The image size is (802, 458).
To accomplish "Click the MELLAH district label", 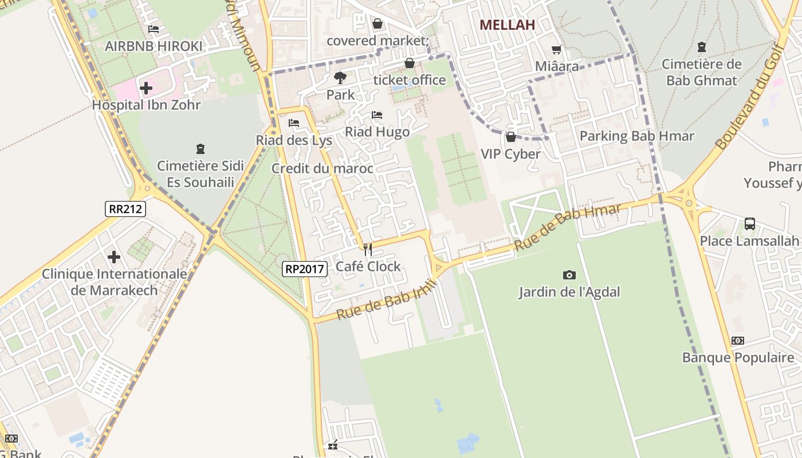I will point(507,25).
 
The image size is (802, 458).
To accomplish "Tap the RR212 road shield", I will point(125,208).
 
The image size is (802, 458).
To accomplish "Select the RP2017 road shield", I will point(304,269).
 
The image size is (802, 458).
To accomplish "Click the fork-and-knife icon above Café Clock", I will point(368,249).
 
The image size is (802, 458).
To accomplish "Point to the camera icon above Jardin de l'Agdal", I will point(569,275).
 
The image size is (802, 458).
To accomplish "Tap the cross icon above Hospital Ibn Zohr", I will point(146,88).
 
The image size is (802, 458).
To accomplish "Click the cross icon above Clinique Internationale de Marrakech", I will point(114,257).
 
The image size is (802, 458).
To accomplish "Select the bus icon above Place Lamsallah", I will point(749,224).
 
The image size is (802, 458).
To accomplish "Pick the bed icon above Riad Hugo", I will point(377,115).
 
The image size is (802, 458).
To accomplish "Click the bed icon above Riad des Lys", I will point(294,123).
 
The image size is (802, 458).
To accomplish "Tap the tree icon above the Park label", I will point(340,77).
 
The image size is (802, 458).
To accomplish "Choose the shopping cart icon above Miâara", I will point(556,50).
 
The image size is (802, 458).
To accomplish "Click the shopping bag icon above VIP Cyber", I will point(510,137).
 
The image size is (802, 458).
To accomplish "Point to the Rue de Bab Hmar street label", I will point(568,227).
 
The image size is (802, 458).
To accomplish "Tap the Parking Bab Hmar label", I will point(636,136).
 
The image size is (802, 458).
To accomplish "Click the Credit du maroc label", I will point(322,168).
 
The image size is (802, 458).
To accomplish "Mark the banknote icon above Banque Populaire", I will point(738,341).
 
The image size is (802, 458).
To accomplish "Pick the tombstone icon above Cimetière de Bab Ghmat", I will point(702,47).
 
